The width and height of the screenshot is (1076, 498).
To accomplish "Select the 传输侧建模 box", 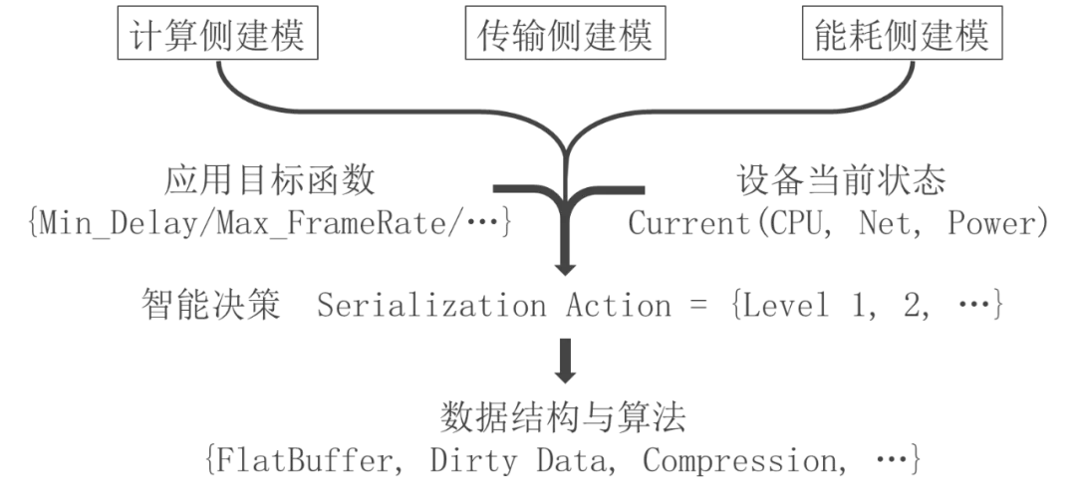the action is [x=565, y=37].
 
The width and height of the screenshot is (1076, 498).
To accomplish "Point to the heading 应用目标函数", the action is [x=270, y=182].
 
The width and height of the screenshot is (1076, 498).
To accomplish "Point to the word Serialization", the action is [x=431, y=306].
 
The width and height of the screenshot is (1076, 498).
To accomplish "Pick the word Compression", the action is [x=738, y=462].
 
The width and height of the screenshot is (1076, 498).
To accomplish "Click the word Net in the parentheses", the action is [x=886, y=223].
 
